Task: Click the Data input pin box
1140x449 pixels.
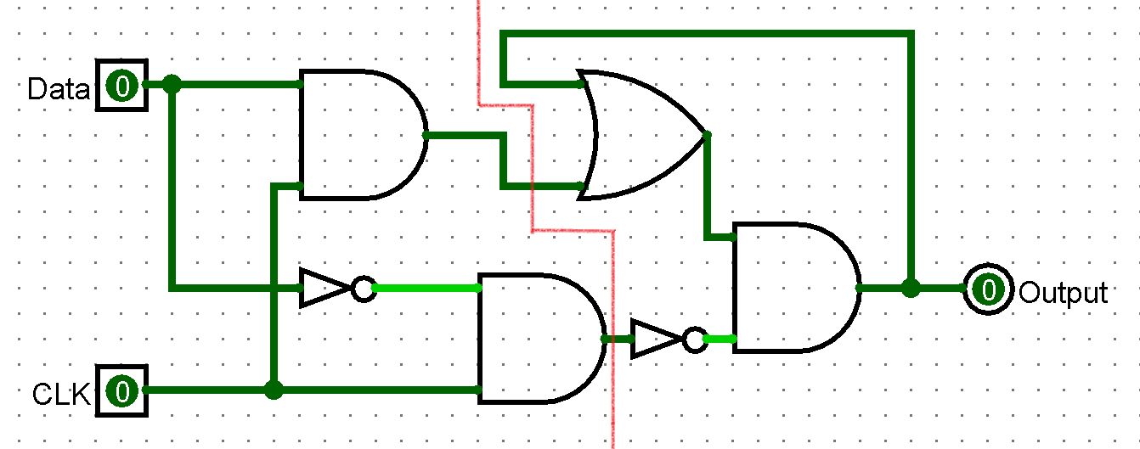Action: (122, 85)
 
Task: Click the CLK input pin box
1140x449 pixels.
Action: (122, 390)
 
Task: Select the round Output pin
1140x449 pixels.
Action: (988, 289)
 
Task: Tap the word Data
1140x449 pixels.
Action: (58, 89)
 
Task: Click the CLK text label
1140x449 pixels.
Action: (61, 394)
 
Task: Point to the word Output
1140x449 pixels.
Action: (1064, 293)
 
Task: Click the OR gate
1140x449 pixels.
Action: (641, 135)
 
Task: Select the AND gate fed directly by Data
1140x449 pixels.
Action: (364, 135)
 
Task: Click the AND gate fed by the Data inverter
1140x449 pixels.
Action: (542, 339)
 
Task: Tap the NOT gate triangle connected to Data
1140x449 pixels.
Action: (325, 289)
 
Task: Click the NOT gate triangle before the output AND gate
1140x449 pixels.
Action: (657, 339)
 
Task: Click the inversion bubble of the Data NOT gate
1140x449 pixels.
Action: (364, 289)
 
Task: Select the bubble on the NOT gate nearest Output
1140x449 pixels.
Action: (695, 340)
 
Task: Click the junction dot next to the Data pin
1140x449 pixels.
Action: (172, 84)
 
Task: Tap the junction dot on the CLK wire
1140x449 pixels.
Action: (274, 390)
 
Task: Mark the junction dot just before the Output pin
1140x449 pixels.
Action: (911, 289)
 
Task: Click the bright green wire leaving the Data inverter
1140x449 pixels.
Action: (426, 289)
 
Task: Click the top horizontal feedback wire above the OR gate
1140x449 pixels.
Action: (708, 34)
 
